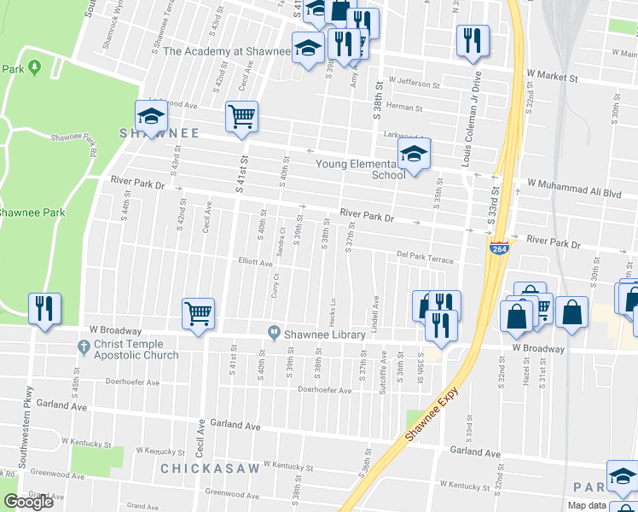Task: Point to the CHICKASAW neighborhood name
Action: (202, 468)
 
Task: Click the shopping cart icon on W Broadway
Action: (198, 313)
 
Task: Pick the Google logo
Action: (28, 502)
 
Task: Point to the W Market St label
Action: (552, 77)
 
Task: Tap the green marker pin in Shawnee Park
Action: (34, 67)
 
